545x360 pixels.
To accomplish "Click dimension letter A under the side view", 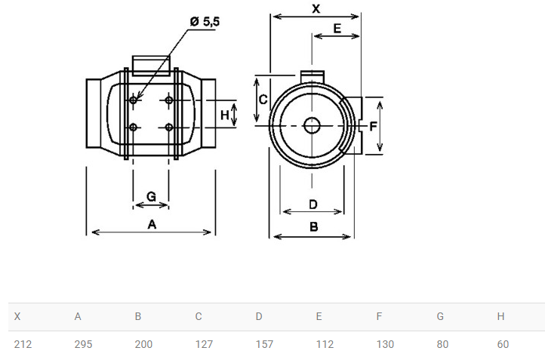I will click(152, 224).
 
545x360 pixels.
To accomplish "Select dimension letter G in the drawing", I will click(151, 197).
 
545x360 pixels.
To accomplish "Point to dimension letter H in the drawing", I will click(224, 115).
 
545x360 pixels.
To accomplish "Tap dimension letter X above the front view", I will click(316, 8).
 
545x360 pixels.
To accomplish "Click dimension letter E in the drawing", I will click(337, 29).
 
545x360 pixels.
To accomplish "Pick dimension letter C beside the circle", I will click(263, 100).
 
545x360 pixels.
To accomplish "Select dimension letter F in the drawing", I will click(372, 126).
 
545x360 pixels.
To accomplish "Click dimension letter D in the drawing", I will click(313, 203).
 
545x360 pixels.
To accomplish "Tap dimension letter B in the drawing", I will click(313, 226).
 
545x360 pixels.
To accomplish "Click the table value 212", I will click(23, 344).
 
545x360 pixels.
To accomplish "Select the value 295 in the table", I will click(83, 344).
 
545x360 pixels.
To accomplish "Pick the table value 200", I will click(143, 344).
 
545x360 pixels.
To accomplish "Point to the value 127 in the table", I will click(204, 344).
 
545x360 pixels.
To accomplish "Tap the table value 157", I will click(264, 344).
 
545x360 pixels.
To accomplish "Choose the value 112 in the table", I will click(325, 344).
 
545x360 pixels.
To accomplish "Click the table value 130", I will click(385, 344).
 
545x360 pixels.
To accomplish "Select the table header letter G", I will click(440, 316).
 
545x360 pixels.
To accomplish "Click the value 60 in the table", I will click(503, 344).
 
